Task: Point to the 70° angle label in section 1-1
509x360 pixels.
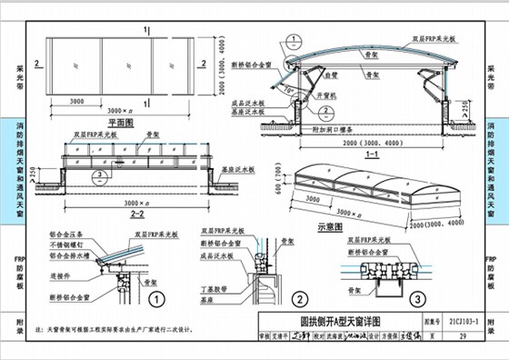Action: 291,92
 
